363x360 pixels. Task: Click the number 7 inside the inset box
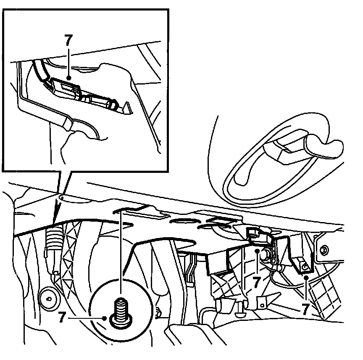69,40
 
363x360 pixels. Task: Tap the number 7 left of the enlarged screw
62,318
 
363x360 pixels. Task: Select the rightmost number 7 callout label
306,309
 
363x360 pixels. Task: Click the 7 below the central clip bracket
256,282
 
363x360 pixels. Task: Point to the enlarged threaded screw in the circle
121,313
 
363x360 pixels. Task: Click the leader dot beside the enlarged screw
105,318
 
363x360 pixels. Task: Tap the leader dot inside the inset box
68,78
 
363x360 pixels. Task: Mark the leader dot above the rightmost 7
306,277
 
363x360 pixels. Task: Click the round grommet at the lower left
49,299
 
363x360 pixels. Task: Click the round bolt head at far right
324,250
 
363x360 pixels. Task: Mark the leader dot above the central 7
257,251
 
